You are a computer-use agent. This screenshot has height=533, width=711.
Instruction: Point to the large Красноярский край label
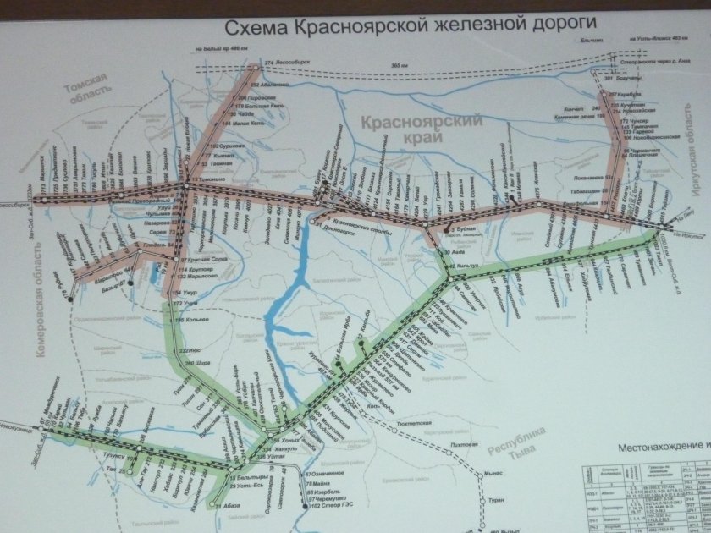[x=421, y=129]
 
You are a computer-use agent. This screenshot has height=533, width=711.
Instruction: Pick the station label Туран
[x=497, y=501]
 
